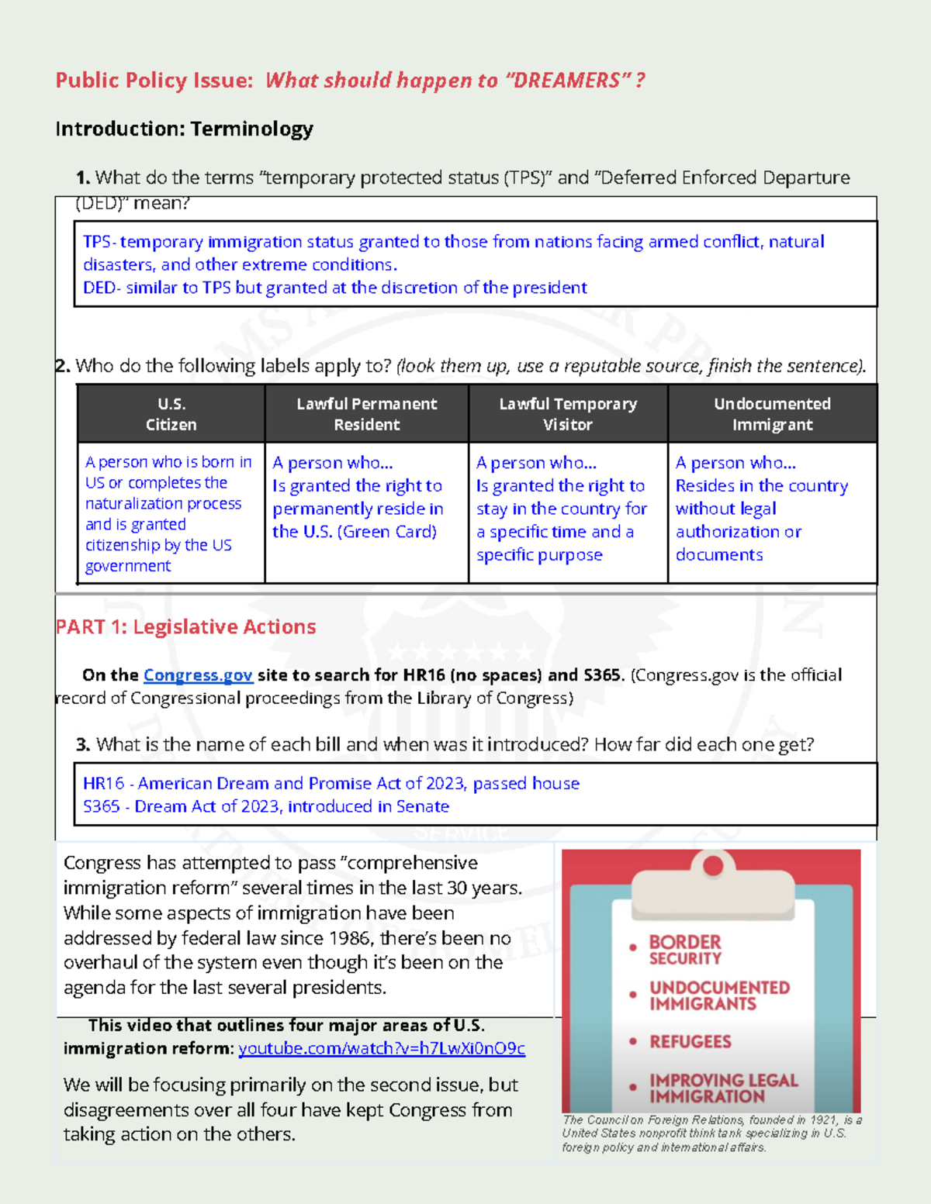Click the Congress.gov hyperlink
pyautogui.click(x=198, y=675)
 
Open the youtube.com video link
pyautogui.click(x=381, y=1049)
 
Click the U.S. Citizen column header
pyautogui.click(x=171, y=414)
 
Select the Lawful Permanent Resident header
pyautogui.click(x=366, y=414)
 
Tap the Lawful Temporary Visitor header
pyautogui.click(x=567, y=414)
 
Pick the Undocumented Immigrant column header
pyautogui.click(x=772, y=414)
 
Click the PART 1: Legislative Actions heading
pyautogui.click(x=185, y=626)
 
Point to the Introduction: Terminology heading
pyautogui.click(x=184, y=129)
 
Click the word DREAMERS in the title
pyautogui.click(x=566, y=81)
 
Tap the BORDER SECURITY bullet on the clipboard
pyautogui.click(x=685, y=950)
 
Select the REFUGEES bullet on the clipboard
pyautogui.click(x=690, y=1042)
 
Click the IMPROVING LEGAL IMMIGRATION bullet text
pyautogui.click(x=722, y=1088)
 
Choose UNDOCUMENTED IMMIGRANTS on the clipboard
pyautogui.click(x=719, y=995)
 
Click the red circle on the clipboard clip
pyautogui.click(x=712, y=865)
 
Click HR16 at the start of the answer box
pyautogui.click(x=103, y=784)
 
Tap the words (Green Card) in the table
pyautogui.click(x=387, y=532)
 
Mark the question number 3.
pyautogui.click(x=83, y=745)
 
